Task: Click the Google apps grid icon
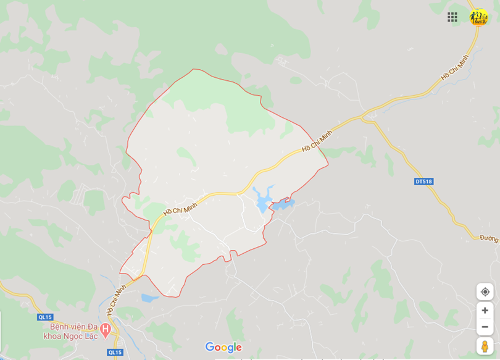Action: coord(452,17)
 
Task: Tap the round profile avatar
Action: coord(478,17)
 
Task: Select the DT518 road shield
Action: coord(424,182)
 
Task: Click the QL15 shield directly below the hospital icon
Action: coord(115,353)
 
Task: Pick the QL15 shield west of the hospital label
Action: coord(45,317)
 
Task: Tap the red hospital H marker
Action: coord(106,331)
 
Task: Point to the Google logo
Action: coord(223,347)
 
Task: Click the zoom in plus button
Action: coord(485,310)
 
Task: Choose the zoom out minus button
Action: coord(485,327)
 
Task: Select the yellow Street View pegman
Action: coord(485,346)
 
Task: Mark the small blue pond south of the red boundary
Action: coord(150,298)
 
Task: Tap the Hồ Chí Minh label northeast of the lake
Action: coord(317,141)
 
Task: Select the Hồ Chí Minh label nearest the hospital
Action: coord(116,299)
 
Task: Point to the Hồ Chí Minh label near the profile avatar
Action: coord(454,67)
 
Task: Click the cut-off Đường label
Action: coord(489,238)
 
